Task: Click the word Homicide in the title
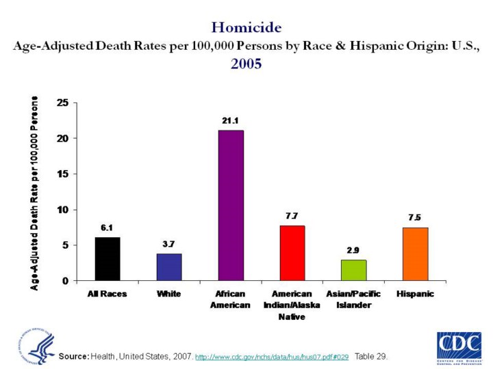pyautogui.click(x=246, y=27)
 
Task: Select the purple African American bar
pyautogui.click(x=231, y=205)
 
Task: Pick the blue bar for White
pyautogui.click(x=169, y=267)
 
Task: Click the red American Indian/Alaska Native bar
pyautogui.click(x=292, y=253)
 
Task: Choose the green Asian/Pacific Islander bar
pyautogui.click(x=354, y=270)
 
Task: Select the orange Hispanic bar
pyautogui.click(x=415, y=254)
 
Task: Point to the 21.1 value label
pyautogui.click(x=230, y=120)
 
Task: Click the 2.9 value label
pyautogui.click(x=353, y=250)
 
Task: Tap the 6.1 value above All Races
pyautogui.click(x=108, y=228)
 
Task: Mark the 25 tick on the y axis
pyautogui.click(x=62, y=102)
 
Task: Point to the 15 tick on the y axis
pyautogui.click(x=62, y=174)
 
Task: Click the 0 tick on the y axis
pyautogui.click(x=65, y=280)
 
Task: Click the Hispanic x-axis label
pyautogui.click(x=415, y=294)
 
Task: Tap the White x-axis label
pyautogui.click(x=169, y=294)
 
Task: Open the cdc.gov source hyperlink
pyautogui.click(x=273, y=357)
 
